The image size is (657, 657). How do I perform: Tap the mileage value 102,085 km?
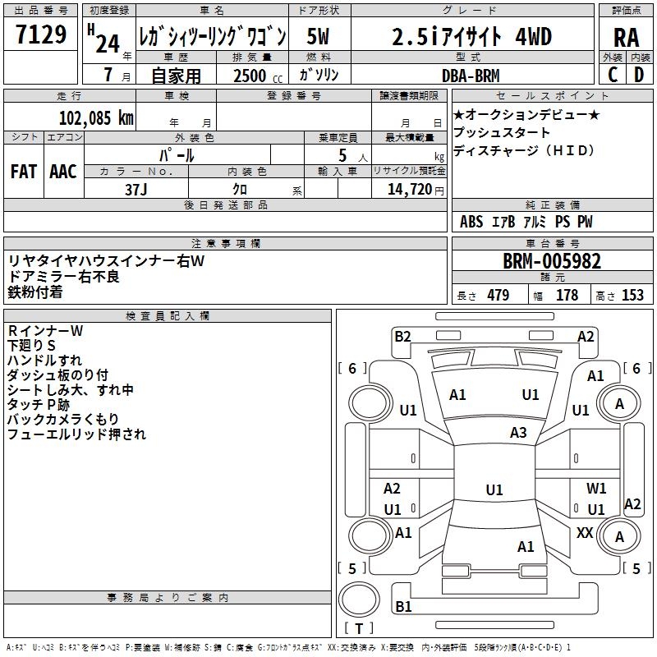pos(96,117)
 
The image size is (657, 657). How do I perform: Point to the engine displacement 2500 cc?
pos(250,76)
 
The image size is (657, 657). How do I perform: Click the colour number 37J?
pos(136,189)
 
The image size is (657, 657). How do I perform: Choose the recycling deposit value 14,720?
pos(408,189)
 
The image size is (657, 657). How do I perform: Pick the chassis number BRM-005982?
pos(552,262)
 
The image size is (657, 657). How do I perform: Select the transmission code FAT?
pos(23,171)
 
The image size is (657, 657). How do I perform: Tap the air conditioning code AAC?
pos(63,171)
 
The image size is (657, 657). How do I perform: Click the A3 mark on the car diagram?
pos(518,432)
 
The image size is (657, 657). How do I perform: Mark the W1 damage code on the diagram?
pos(596,489)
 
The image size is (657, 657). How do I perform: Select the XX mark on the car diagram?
pos(585,533)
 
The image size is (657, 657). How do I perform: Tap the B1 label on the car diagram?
pos(403,607)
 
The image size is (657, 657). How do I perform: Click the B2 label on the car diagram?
pos(402,336)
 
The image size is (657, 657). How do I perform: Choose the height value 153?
pos(632,296)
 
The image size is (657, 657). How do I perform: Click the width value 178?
pos(567,296)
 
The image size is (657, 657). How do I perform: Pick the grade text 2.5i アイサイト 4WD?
pos(471,37)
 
